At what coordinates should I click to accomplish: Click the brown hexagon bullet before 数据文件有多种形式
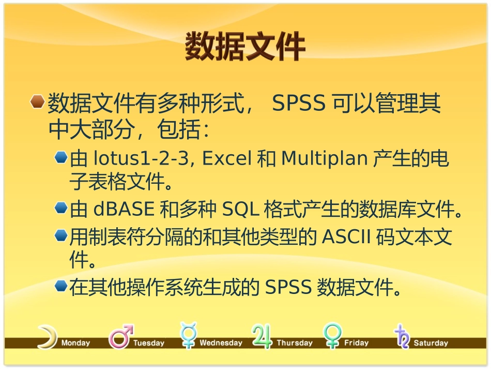(37, 102)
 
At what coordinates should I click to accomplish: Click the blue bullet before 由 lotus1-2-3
(61, 157)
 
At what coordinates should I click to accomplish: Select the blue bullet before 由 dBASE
(61, 208)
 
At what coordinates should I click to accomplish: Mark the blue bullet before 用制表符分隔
(61, 236)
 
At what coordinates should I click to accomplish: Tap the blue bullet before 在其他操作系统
(61, 286)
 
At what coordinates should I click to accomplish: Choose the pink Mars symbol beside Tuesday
(120, 337)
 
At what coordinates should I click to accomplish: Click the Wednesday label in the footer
(221, 343)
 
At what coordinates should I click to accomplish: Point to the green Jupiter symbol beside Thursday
(262, 337)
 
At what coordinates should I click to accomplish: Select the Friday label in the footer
(356, 343)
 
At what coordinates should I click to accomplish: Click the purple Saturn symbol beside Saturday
(402, 337)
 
